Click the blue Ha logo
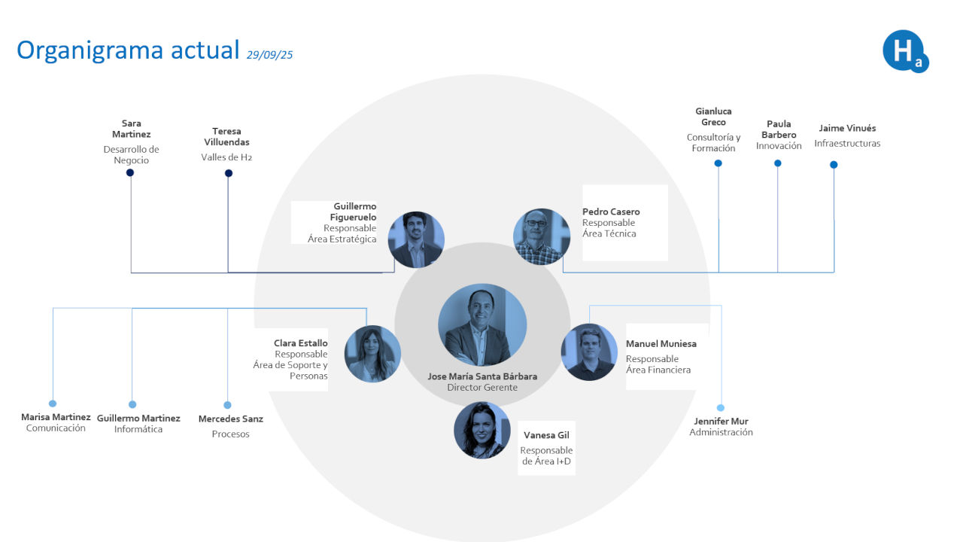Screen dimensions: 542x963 click(904, 51)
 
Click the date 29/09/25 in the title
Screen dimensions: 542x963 click(269, 54)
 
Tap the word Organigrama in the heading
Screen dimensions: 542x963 click(90, 50)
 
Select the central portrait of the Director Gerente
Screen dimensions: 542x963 click(482, 325)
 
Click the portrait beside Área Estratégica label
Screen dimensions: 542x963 click(416, 240)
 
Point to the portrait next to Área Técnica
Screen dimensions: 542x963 click(542, 236)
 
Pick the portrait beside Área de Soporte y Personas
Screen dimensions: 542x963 click(372, 354)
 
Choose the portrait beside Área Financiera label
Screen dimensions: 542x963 click(589, 352)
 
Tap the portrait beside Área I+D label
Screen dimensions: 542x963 click(482, 430)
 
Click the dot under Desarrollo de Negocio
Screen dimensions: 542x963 click(130, 172)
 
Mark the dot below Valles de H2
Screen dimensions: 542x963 click(229, 173)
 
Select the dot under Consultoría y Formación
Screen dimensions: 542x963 click(718, 163)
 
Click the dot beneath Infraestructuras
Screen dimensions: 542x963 click(834, 164)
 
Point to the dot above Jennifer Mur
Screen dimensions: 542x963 click(721, 408)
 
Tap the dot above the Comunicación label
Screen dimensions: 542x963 click(53, 403)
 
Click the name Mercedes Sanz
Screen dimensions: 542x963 click(231, 419)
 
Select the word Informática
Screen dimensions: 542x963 click(138, 429)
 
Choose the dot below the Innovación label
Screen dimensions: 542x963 click(778, 163)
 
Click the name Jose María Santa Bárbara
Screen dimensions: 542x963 click(482, 376)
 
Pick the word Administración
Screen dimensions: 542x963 click(721, 432)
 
